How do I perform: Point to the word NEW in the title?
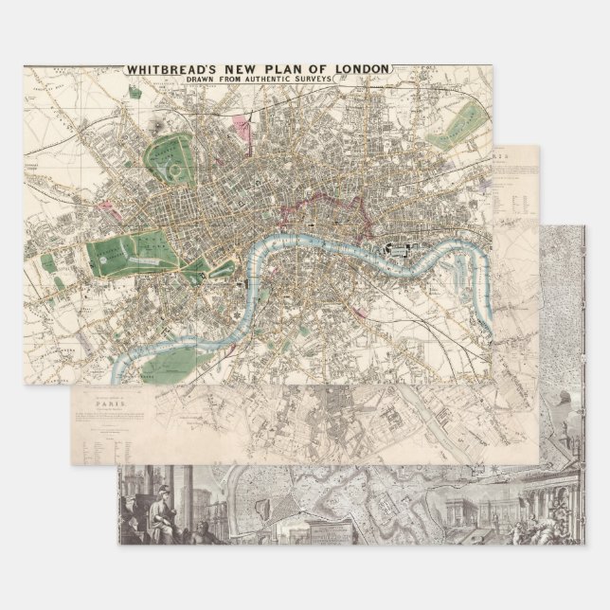pyautogui.click(x=247, y=69)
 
